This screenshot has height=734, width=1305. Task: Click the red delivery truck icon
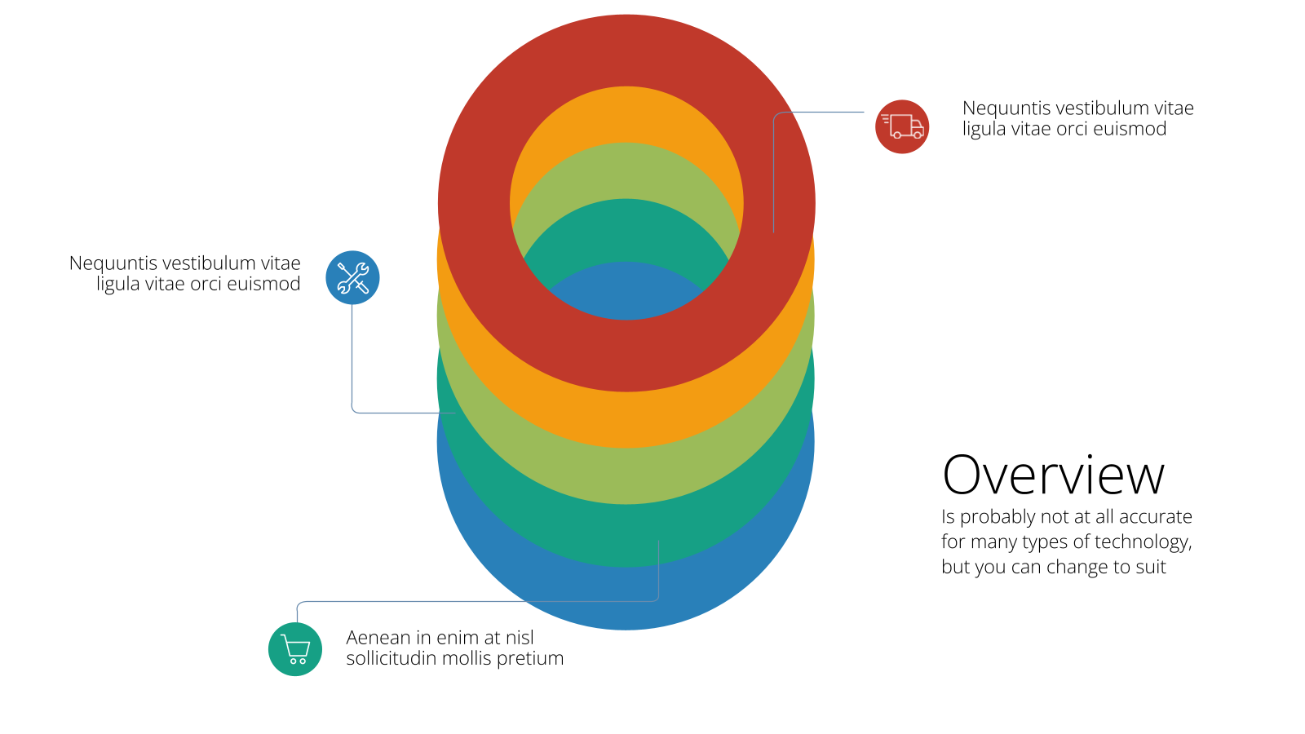pyautogui.click(x=902, y=126)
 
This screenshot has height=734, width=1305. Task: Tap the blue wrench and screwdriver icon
pyautogui.click(x=352, y=277)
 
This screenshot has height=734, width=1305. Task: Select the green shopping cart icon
pyautogui.click(x=294, y=649)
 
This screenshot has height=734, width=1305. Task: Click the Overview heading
pyautogui.click(x=1053, y=475)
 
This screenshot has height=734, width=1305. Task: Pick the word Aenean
pyautogui.click(x=378, y=637)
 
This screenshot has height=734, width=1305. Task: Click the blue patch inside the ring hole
pyautogui.click(x=626, y=294)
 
